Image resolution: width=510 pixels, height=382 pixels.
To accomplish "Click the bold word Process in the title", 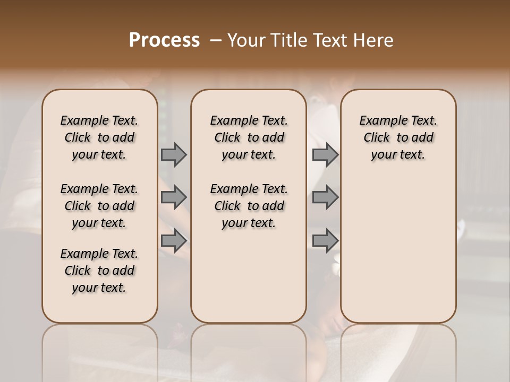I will point(164,40).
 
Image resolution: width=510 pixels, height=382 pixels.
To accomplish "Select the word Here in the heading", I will point(374,40).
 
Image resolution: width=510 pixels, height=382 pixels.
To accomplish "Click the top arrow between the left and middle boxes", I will point(174,155).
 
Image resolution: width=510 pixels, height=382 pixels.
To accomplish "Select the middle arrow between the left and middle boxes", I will point(174,197).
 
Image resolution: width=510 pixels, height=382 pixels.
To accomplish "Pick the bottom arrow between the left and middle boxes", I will point(174,240).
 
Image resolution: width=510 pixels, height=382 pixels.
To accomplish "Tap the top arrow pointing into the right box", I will point(325,155).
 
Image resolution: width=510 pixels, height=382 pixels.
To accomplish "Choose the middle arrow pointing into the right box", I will point(325,197).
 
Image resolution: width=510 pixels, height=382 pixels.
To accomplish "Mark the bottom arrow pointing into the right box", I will point(325,240).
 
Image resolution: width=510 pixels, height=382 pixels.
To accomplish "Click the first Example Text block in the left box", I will point(99,137).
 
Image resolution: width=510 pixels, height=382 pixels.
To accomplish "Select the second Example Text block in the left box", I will point(99,206).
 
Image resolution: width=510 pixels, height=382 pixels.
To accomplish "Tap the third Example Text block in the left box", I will point(99,271).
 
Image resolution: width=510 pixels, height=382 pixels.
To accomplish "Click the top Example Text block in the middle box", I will point(249,137).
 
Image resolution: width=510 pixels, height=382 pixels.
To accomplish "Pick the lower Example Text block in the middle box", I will point(249,206).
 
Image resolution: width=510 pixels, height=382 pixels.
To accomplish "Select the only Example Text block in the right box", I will point(398,137).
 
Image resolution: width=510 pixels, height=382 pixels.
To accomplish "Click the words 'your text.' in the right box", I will point(398,155).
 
